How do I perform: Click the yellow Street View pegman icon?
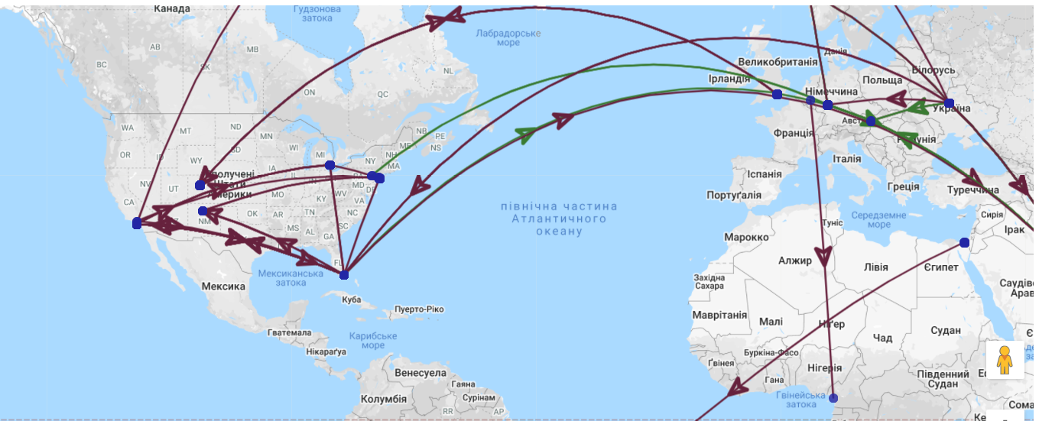1004,360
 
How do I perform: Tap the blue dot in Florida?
344,274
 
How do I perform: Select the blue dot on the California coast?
137,223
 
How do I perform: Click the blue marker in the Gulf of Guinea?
833,398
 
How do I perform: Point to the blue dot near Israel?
964,242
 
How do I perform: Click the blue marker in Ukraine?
949,102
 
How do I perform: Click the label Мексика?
223,287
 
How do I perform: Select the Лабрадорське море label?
508,37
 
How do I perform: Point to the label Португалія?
734,195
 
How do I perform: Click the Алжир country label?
795,261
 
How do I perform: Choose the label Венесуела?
421,373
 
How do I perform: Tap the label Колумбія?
383,399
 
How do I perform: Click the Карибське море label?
373,341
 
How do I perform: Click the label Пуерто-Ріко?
419,309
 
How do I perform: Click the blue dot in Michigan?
330,165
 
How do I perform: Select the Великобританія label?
778,62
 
